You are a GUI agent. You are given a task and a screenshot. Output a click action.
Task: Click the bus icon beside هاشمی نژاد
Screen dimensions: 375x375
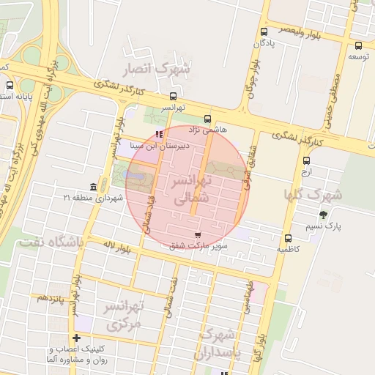tap(207, 118)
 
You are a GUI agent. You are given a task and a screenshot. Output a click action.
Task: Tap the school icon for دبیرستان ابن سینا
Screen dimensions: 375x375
tap(160, 134)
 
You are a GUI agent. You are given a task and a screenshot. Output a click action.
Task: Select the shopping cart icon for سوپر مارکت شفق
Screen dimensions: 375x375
tap(198, 234)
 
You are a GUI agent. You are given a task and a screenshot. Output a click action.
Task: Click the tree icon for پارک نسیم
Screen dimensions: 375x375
tap(323, 215)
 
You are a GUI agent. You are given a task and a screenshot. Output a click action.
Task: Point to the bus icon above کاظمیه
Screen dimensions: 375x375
tap(288, 238)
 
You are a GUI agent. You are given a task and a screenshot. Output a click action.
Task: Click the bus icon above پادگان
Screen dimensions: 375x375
tap(264, 31)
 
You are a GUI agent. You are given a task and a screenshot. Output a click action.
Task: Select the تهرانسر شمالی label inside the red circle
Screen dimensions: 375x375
tap(193, 188)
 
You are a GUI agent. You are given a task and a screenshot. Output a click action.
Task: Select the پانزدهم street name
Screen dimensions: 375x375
tap(51, 298)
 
